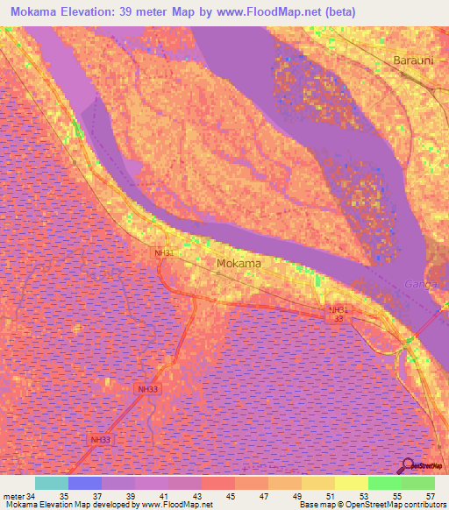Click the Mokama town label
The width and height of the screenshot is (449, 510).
click(x=239, y=263)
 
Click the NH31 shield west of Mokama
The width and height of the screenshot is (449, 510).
click(x=164, y=253)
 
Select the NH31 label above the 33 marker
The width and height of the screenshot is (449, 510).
click(x=339, y=309)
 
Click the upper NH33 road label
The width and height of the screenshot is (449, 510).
click(x=148, y=387)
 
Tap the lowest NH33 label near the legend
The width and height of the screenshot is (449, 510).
click(x=101, y=440)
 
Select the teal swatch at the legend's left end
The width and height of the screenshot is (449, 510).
click(x=52, y=483)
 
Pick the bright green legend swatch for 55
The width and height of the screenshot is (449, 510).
click(x=384, y=483)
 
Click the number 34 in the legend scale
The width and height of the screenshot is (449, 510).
click(x=31, y=496)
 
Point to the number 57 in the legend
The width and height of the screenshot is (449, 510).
click(x=429, y=496)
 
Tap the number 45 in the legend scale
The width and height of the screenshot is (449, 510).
click(x=229, y=496)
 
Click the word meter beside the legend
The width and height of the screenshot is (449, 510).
click(x=13, y=496)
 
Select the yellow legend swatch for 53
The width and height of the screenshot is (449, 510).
click(x=351, y=483)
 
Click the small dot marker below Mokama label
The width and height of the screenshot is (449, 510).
click(x=220, y=273)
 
